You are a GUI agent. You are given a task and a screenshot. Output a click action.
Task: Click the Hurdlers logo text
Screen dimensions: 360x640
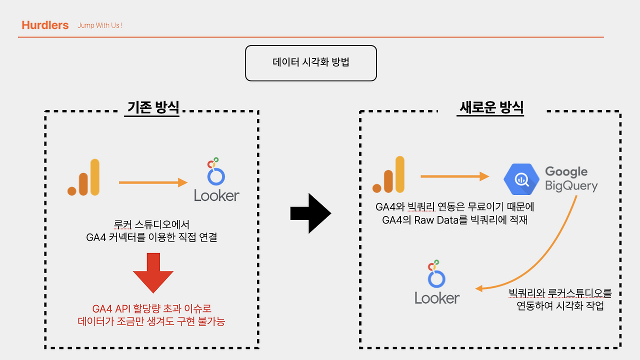click(x=45, y=25)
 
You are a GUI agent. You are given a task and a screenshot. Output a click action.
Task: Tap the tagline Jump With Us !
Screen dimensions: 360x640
click(x=100, y=25)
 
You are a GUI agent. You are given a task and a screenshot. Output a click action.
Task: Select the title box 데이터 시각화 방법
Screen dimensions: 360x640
click(x=310, y=63)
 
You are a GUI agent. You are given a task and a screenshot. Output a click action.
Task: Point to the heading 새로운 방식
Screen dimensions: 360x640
click(x=491, y=107)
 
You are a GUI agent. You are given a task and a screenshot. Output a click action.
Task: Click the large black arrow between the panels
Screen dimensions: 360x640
click(x=310, y=213)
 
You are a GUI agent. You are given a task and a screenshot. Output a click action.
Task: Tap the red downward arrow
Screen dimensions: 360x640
click(x=153, y=272)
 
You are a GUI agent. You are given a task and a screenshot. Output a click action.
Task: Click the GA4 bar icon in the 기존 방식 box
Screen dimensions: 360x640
click(x=84, y=177)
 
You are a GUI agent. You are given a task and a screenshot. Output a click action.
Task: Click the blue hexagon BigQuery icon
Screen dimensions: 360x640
click(x=521, y=178)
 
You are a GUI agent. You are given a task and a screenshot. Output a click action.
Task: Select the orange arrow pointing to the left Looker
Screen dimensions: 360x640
click(x=152, y=183)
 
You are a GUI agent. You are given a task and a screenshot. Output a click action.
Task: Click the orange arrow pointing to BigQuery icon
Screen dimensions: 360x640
click(x=454, y=176)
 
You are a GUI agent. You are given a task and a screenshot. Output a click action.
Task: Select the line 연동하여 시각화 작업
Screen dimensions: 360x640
click(x=560, y=306)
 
